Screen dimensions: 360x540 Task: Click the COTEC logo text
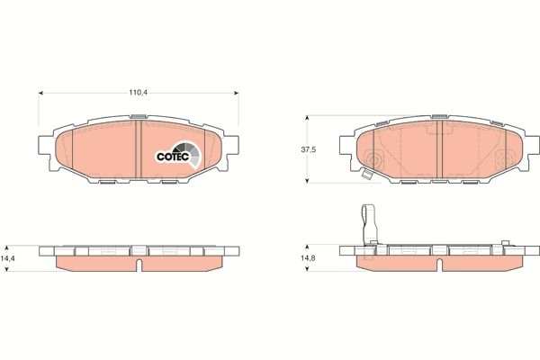171,155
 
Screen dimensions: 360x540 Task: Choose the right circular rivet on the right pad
500,160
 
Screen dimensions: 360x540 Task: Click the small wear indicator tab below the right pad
367,177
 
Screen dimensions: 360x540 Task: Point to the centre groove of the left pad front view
142,148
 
